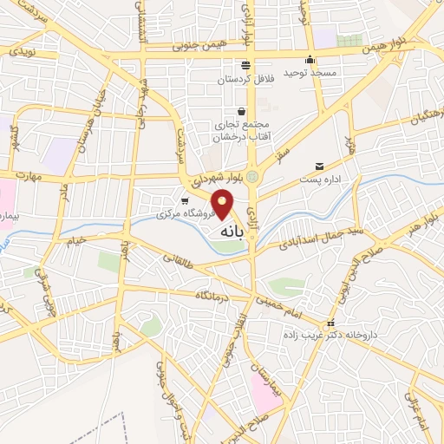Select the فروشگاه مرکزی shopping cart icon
coord(184,200)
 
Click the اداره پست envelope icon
coord(320,166)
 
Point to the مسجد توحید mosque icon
coord(310,60)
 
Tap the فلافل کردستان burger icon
coord(246,64)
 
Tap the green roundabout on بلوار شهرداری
coord(252,177)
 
